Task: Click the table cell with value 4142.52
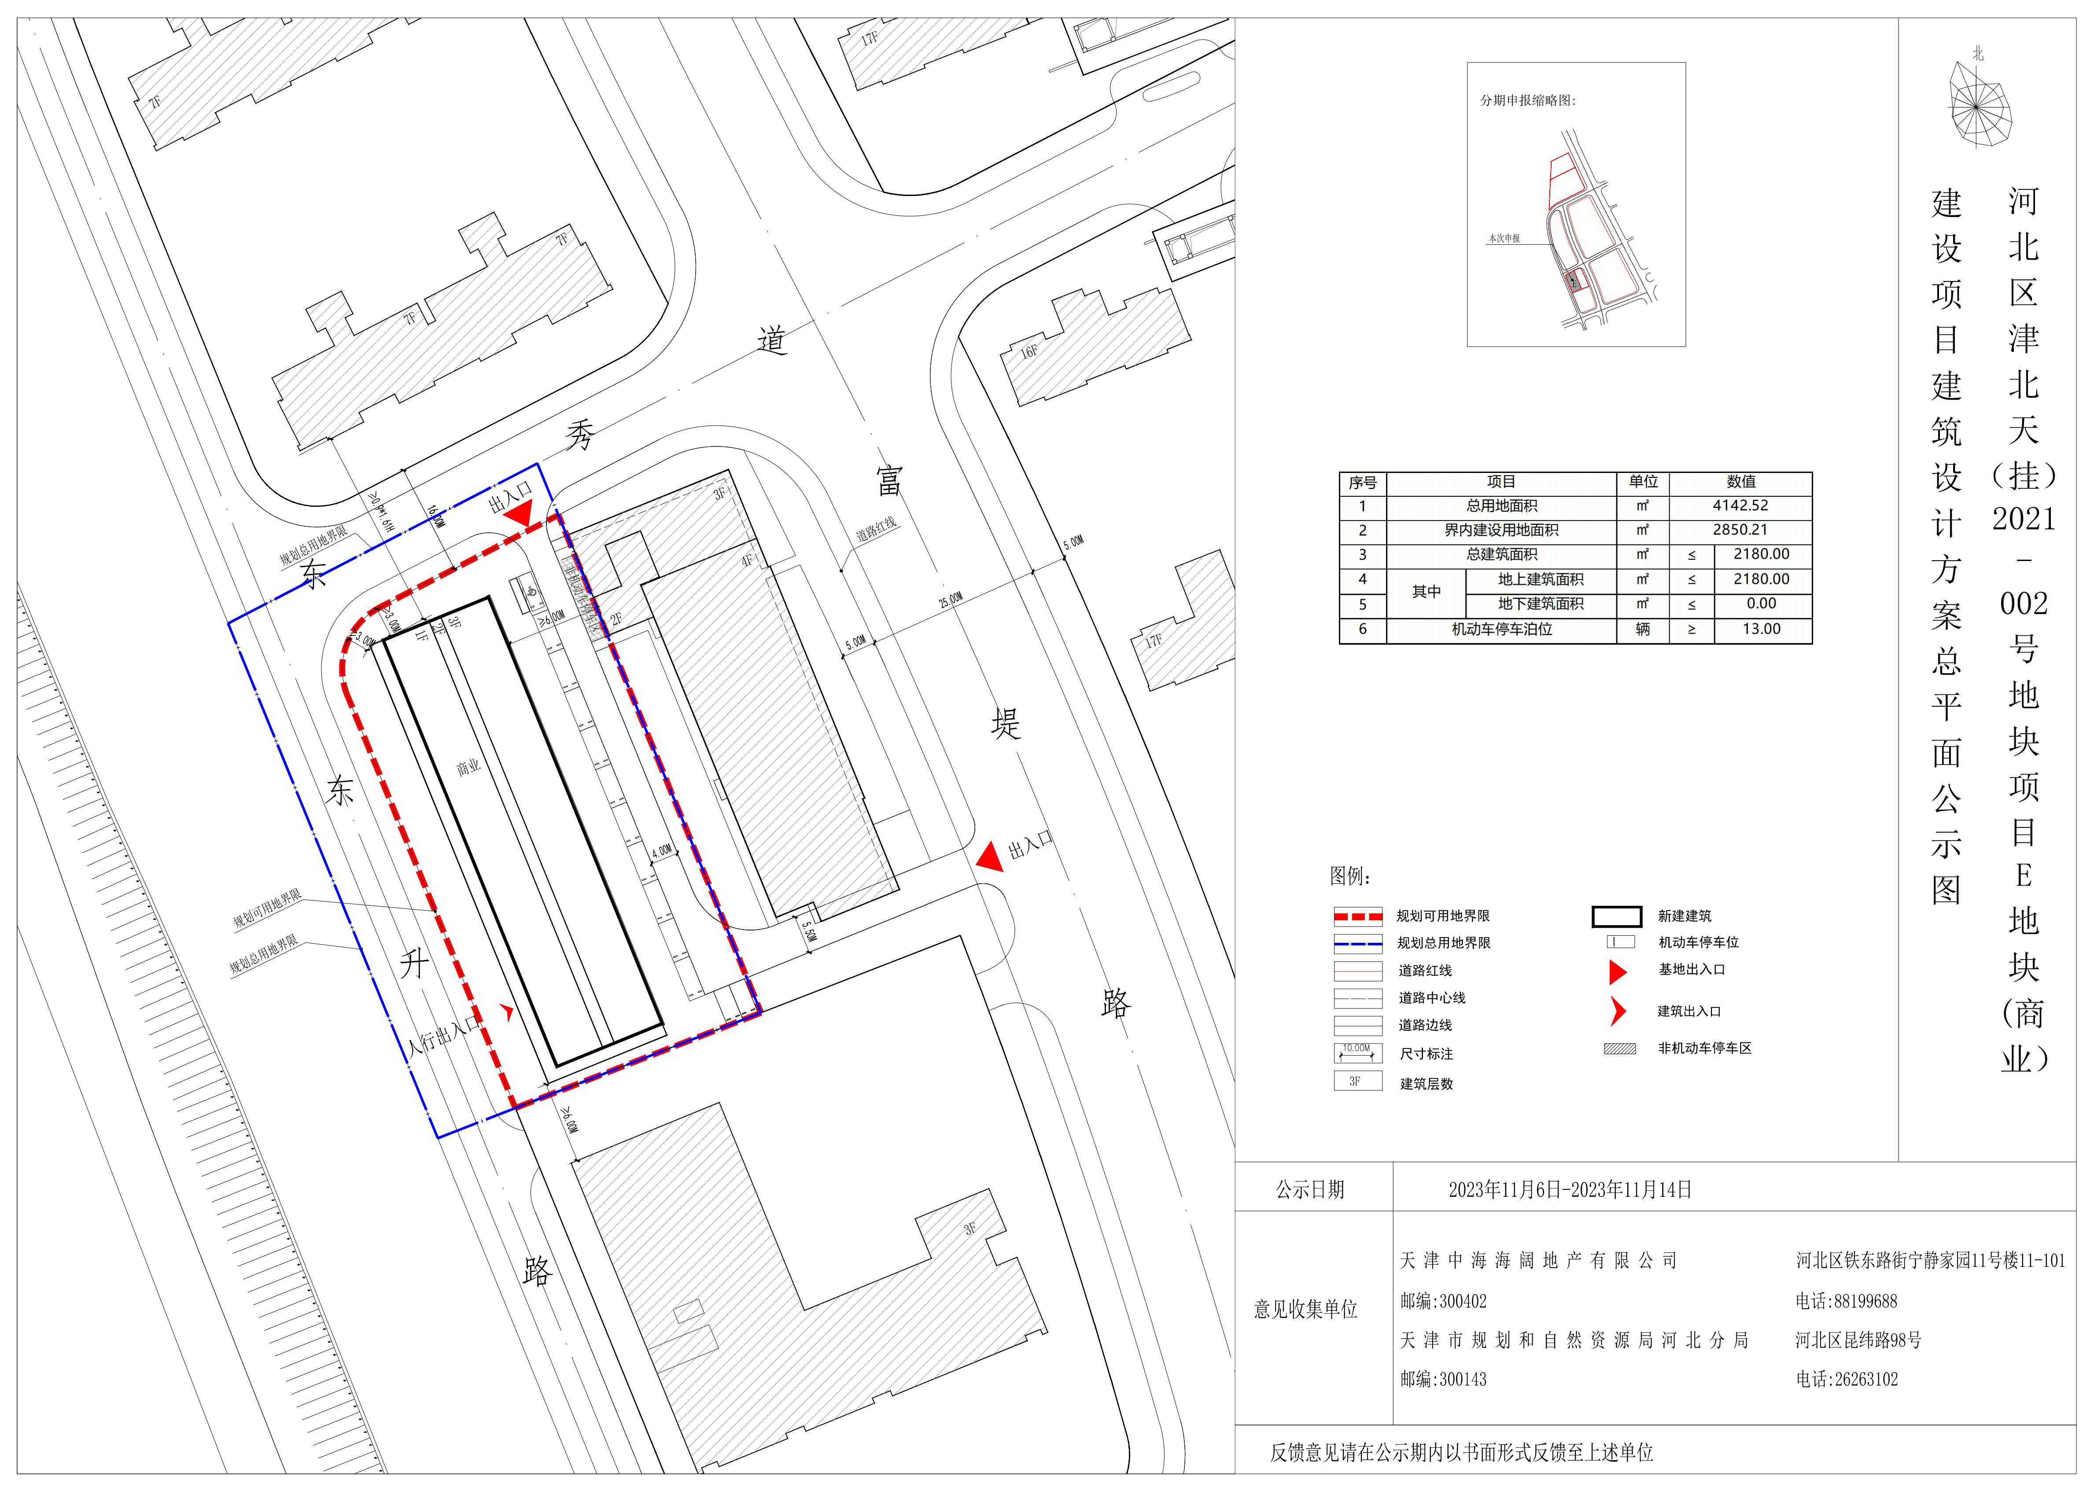coord(1740,506)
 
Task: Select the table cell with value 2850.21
coord(1740,530)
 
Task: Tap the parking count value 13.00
coord(1761,629)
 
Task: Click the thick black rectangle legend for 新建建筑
coord(1617,916)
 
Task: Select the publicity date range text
coord(1570,1190)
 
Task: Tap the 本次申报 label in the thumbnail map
coord(1504,239)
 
